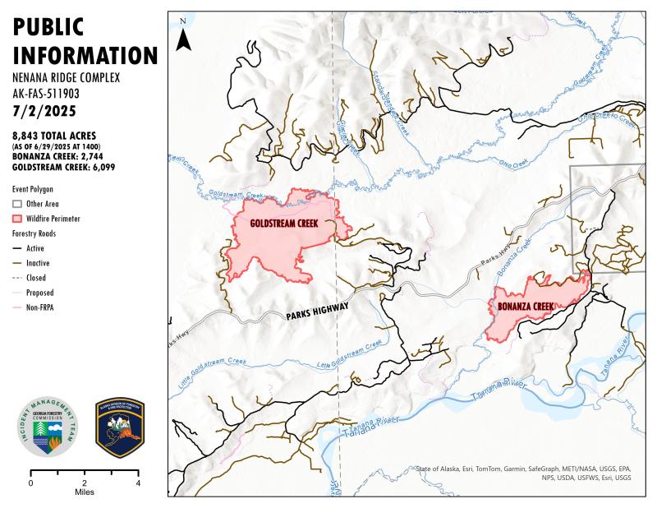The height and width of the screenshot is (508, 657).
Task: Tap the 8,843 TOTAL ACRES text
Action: pos(54,135)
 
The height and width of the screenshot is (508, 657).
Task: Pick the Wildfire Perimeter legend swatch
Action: pos(17,219)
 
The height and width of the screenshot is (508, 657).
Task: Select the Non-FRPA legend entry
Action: pos(41,307)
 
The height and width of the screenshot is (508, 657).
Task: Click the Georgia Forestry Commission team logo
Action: pos(49,427)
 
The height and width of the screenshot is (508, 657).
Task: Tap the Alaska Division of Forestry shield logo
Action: pos(120,427)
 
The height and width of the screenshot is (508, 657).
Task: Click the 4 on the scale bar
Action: pos(137,483)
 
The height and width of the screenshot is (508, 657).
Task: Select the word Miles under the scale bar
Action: pos(84,492)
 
